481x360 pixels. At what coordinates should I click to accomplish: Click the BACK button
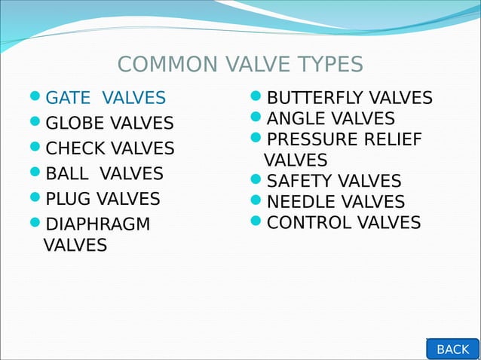[x=452, y=349]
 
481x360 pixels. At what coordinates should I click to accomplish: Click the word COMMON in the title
[x=155, y=65]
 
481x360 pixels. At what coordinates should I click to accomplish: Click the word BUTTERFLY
[x=316, y=99]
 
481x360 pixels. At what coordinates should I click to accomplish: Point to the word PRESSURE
[x=314, y=140]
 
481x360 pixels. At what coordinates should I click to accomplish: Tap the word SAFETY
[x=298, y=182]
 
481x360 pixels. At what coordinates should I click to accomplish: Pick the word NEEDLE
[x=299, y=203]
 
